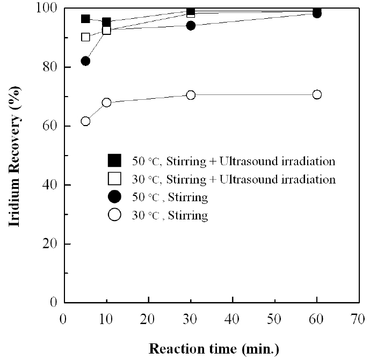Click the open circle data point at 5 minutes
[x=85, y=121]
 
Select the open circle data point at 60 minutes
[x=317, y=94]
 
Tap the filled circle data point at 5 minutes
[x=85, y=61]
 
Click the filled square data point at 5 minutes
[x=85, y=19]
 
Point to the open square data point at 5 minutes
[x=85, y=37]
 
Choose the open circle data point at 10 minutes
[x=106, y=102]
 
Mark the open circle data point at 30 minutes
[x=191, y=95]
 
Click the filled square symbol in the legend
[x=115, y=160]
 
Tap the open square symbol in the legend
[x=115, y=179]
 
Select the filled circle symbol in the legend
[x=115, y=197]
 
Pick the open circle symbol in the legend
[x=115, y=215]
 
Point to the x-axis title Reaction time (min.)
[x=214, y=349]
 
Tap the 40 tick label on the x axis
[x=233, y=319]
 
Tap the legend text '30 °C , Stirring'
[x=170, y=216]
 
